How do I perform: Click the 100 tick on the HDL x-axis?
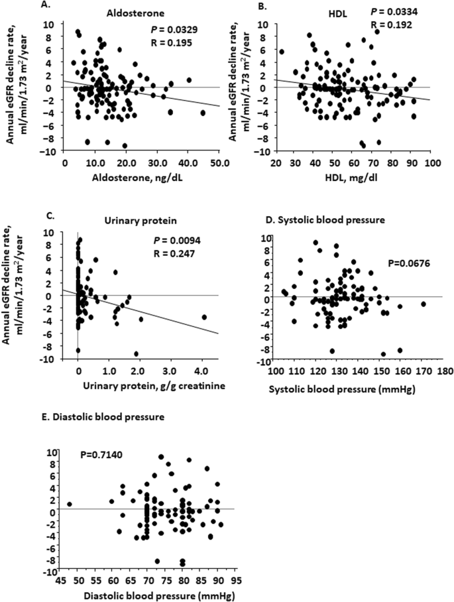[431, 161]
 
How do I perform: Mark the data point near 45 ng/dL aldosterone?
[203, 113]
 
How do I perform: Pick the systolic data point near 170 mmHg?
[423, 304]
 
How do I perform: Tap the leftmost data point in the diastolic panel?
[69, 504]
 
